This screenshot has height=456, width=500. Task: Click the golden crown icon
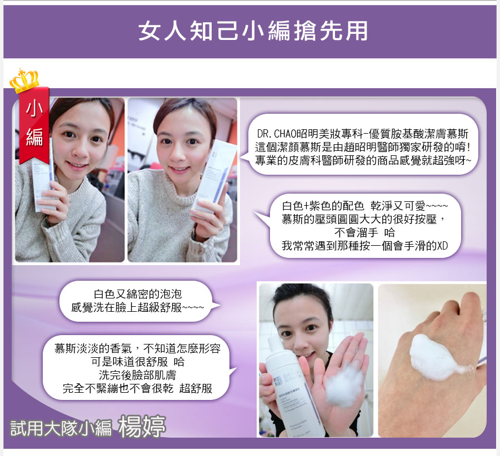pos(24,80)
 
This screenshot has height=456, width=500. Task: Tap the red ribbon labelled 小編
pos(34,124)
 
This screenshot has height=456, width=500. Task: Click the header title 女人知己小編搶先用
pos(253,31)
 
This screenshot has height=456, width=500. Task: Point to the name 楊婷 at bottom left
pos(142,425)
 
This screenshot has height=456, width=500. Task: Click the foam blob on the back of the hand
pos(438,357)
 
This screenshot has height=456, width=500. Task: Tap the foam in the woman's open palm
pos(344,387)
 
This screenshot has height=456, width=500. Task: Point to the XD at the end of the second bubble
pos(442,246)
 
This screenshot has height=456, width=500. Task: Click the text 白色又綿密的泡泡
pos(138,293)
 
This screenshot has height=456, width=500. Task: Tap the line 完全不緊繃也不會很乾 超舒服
pos(137,388)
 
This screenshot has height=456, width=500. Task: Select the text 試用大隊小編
pos(62,428)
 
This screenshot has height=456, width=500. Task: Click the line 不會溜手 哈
pos(364,232)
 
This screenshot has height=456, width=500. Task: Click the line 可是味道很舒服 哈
pos(137,362)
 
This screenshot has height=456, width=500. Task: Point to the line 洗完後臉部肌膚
pos(137,375)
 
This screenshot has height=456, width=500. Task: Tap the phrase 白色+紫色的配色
pos(323,206)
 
